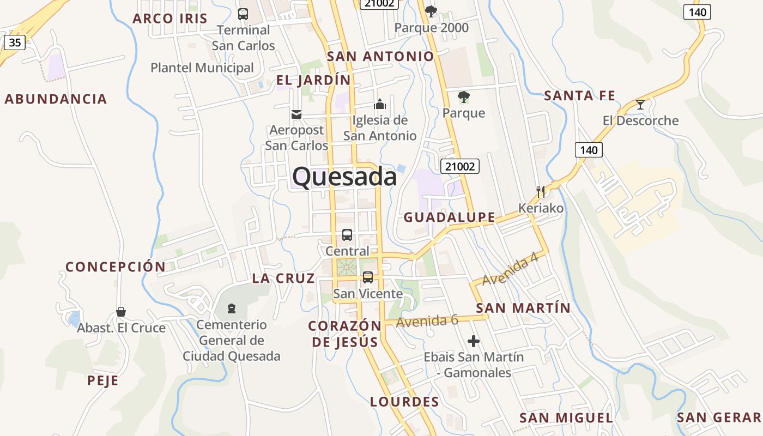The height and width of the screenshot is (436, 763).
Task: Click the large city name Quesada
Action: coord(344,177)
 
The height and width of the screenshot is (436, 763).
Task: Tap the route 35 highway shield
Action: coord(15,42)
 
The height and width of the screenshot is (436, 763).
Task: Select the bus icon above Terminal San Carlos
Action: coord(243,14)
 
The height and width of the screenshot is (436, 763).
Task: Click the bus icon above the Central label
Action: coord(347,235)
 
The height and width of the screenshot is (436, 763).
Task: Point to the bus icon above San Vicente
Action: coord(368,277)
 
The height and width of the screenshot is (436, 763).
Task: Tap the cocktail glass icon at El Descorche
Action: coord(640,104)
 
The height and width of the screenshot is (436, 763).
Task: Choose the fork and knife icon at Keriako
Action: coord(541,191)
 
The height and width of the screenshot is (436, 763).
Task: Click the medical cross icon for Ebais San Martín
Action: coord(474,342)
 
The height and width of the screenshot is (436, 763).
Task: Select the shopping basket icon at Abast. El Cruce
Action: coord(121,312)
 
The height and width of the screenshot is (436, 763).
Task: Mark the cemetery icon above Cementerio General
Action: coord(232,308)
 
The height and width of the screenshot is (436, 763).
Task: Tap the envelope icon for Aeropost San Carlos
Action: coord(296,114)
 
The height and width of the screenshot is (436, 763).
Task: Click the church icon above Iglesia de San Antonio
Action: coord(380,104)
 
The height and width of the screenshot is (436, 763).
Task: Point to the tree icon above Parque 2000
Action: coord(431,11)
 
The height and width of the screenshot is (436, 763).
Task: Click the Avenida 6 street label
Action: coord(427,321)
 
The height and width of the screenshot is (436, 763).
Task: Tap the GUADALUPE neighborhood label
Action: coord(450,217)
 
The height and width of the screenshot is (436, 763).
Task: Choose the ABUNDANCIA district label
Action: coord(56,99)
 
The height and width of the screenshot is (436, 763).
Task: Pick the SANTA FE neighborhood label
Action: coord(579,96)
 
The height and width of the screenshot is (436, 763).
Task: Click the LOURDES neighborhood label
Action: coord(404,402)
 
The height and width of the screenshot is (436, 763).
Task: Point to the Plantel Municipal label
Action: coord(202,68)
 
